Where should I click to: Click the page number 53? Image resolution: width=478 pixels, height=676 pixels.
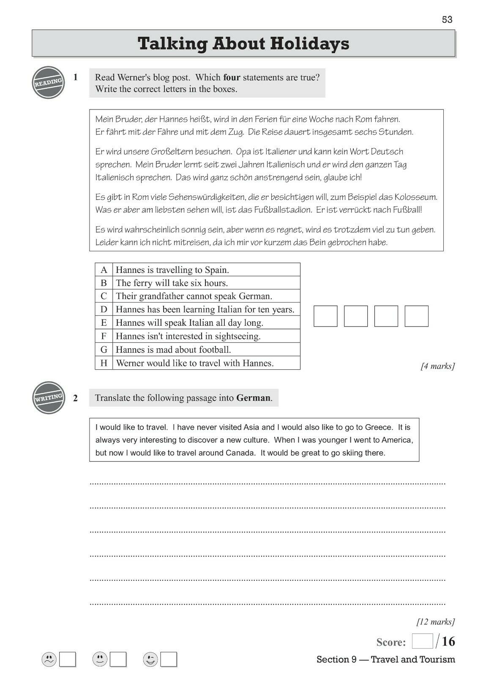coord(447,19)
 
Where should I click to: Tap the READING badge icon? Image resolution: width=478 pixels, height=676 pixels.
coord(49,82)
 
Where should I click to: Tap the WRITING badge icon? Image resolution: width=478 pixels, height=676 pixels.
coord(49,398)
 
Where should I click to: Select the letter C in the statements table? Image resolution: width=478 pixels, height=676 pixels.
coord(104,296)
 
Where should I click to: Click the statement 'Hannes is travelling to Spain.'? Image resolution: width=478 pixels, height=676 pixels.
coord(172,270)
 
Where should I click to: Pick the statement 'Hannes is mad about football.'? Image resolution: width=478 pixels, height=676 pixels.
coord(173,350)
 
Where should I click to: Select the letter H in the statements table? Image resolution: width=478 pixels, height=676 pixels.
coord(104,363)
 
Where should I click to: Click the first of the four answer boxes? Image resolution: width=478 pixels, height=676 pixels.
coord(325,316)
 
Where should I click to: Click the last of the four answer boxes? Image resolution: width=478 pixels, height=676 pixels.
coord(416,316)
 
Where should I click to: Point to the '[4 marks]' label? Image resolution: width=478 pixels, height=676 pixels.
coord(437,366)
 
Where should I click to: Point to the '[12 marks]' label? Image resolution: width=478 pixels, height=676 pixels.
coord(435,621)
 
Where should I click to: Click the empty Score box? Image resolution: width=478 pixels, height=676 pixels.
coord(422,641)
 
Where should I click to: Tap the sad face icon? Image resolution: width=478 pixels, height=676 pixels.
coord(49,659)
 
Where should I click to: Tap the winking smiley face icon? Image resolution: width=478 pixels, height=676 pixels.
coord(150,659)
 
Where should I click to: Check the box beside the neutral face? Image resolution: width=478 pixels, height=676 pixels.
coord(118,660)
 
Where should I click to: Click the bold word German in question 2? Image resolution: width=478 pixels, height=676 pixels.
coord(253,398)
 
